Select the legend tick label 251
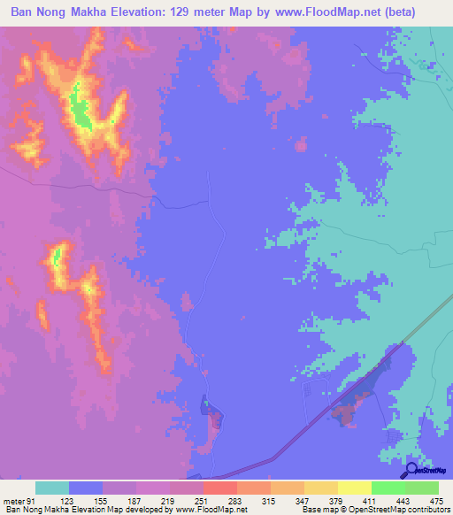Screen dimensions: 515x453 (x=203, y=502)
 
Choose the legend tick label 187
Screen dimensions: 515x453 (x=136, y=502)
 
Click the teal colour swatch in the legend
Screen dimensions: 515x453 (x=52, y=488)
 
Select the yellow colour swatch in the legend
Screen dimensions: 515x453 (x=355, y=488)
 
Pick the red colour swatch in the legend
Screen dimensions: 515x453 (x=220, y=488)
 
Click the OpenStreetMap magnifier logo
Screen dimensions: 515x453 (x=410, y=471)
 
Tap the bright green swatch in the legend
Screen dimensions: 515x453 (x=388, y=488)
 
